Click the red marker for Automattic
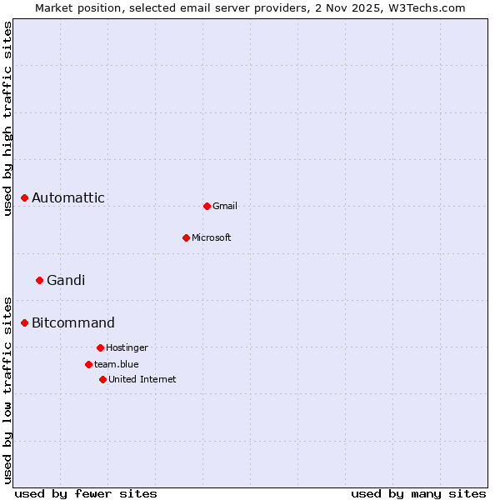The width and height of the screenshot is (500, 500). click(25, 197)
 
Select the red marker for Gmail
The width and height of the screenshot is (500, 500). click(207, 206)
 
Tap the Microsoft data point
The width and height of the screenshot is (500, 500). click(186, 237)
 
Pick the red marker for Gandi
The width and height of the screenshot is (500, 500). click(39, 280)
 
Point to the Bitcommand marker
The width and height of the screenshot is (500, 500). click(25, 322)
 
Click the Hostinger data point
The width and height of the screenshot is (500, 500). click(100, 347)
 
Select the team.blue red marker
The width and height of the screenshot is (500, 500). click(88, 364)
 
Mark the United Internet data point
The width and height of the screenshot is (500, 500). click(102, 379)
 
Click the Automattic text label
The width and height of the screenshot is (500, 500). click(68, 197)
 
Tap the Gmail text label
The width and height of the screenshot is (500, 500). click(225, 206)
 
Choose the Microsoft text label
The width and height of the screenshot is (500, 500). click(212, 237)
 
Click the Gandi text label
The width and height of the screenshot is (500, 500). click(66, 280)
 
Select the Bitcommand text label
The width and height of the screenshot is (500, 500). click(73, 322)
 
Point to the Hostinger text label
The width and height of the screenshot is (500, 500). click(127, 347)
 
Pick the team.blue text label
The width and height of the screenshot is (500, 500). click(117, 364)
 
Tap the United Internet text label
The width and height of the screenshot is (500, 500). click(142, 379)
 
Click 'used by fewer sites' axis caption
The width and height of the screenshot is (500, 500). click(86, 493)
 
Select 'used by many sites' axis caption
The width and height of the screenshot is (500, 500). click(418, 493)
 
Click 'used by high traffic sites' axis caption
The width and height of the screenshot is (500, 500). click(7, 118)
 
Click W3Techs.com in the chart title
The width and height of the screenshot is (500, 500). click(429, 7)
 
